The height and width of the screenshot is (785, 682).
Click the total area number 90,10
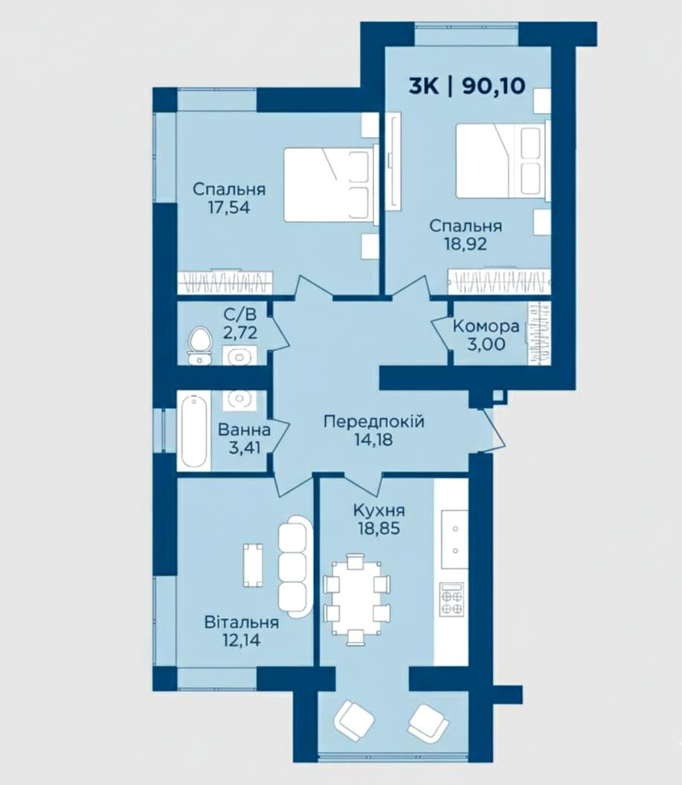(494, 86)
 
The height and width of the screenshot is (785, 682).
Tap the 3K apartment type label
(424, 86)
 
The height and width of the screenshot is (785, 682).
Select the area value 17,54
(229, 208)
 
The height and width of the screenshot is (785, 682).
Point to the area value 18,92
(466, 244)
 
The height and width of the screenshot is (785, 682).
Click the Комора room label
(486, 327)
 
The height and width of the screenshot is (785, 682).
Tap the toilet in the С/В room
(199, 345)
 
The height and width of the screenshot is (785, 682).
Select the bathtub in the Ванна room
(193, 431)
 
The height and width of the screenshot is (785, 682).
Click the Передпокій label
(374, 422)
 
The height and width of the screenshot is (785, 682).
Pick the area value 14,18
(373, 440)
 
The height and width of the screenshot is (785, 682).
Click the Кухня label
(379, 510)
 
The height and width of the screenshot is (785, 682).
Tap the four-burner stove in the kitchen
(451, 600)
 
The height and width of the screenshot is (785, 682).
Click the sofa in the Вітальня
(295, 567)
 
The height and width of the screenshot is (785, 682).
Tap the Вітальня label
(242, 622)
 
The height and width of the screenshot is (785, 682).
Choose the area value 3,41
(245, 447)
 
